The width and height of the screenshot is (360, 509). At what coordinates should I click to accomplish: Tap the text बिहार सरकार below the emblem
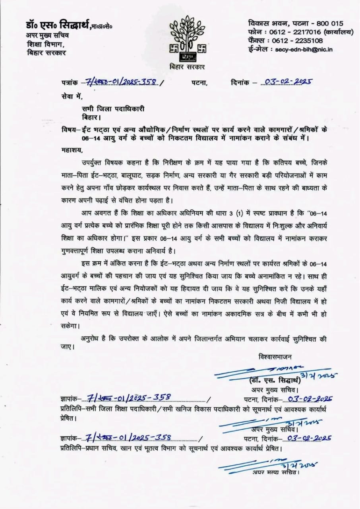(186, 67)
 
